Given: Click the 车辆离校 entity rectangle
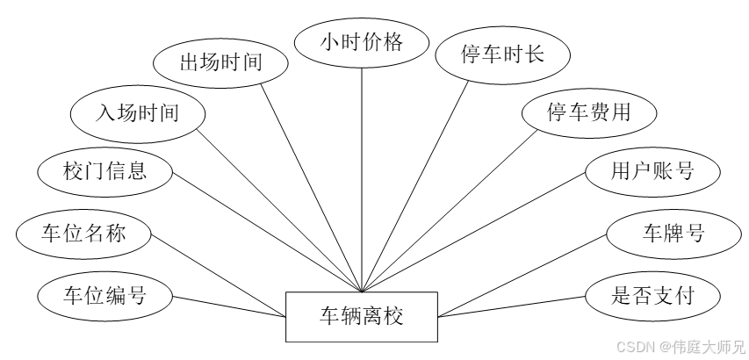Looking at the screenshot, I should pos(362,315).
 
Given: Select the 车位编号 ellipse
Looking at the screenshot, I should pos(104,295).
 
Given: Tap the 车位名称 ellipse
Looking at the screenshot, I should pos(84,234).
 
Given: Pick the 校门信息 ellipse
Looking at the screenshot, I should pos(104,170).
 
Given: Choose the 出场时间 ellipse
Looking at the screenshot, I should pos(220,62).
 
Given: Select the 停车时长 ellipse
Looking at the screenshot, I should pos(503,54).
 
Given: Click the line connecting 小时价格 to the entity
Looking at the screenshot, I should pos(361,176).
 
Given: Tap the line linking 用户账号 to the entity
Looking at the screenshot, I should pos(474,232).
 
